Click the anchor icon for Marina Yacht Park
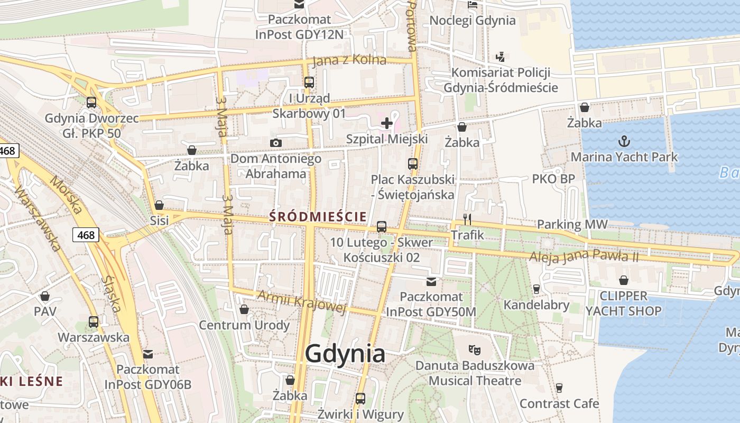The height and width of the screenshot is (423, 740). click(x=624, y=141)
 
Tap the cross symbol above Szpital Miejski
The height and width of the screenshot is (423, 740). click(x=387, y=124)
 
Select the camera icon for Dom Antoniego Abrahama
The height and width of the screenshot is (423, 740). click(x=275, y=143)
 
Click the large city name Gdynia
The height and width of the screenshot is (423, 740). click(x=345, y=354)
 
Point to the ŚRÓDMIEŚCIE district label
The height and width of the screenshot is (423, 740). click(x=318, y=216)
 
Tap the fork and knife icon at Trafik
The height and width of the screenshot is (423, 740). click(x=467, y=219)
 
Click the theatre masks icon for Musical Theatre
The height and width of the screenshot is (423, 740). click(x=475, y=350)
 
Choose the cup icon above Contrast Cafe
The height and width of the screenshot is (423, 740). click(x=559, y=388)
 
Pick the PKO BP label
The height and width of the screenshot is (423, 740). click(x=553, y=179)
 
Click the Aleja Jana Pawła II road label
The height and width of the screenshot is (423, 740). click(x=584, y=256)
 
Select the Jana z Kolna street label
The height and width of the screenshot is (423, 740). click(x=349, y=60)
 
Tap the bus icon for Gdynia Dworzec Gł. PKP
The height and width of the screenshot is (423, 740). click(x=91, y=103)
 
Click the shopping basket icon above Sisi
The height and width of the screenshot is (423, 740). click(x=159, y=205)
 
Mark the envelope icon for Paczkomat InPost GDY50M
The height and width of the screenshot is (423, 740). click(x=431, y=282)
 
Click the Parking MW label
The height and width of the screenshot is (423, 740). click(x=572, y=224)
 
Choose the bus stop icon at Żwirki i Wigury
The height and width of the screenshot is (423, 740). click(x=360, y=399)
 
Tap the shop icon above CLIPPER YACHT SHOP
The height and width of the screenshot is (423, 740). click(x=624, y=280)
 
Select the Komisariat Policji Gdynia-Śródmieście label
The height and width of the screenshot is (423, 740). click(x=501, y=80)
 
